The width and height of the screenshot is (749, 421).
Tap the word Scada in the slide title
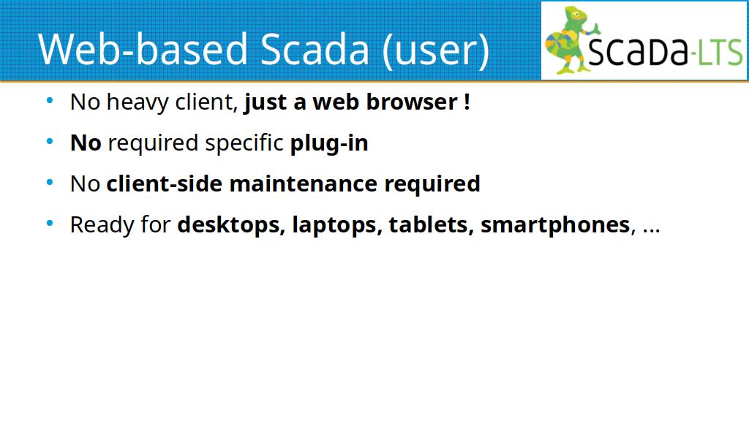315,49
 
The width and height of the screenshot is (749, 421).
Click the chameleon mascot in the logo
571,40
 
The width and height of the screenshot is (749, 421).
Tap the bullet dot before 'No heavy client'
50,101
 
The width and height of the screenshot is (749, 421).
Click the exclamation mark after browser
467,102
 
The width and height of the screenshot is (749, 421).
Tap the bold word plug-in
329,143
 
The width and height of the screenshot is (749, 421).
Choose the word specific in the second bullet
244,143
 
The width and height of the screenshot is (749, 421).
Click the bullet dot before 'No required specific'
50,142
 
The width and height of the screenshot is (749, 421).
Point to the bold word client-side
165,183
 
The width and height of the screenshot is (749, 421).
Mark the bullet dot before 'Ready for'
50,224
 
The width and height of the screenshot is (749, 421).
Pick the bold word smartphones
555,225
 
